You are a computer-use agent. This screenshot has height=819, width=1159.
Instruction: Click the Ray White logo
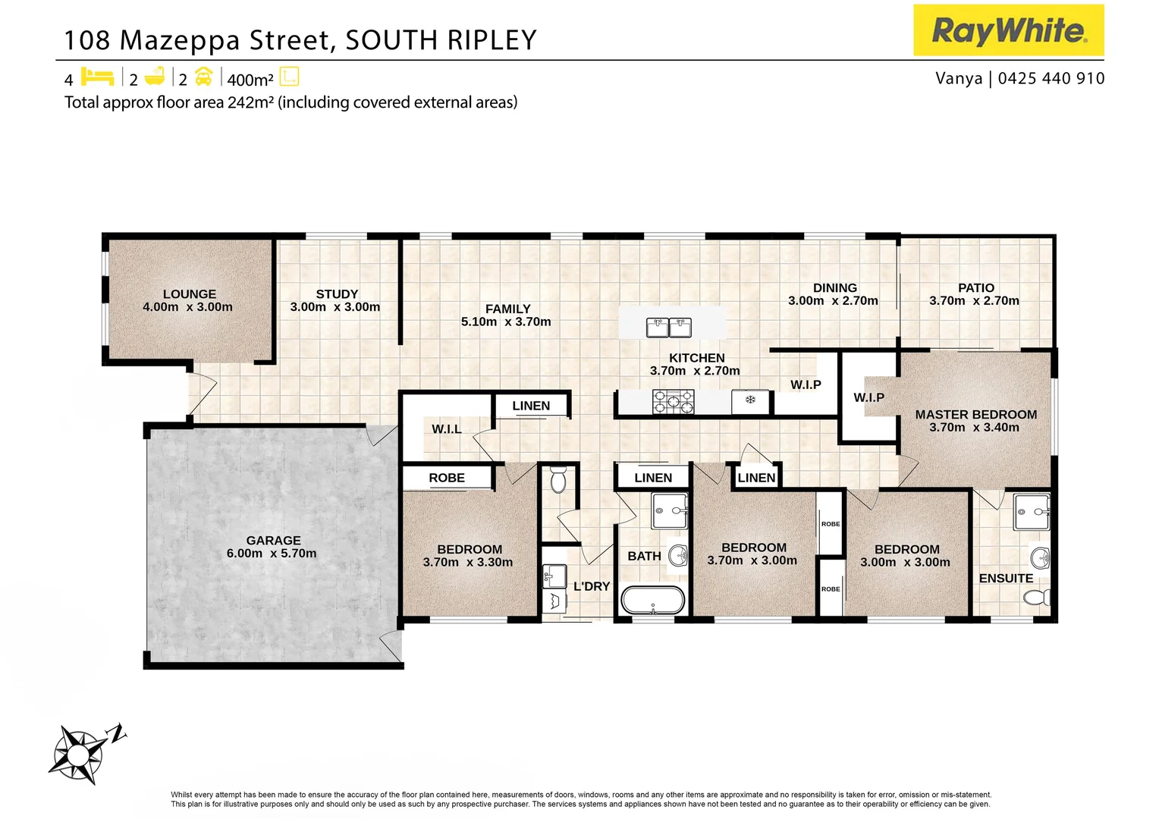1008,30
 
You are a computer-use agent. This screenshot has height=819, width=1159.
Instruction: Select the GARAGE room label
273,541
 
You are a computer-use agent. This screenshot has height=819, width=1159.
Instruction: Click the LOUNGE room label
189,294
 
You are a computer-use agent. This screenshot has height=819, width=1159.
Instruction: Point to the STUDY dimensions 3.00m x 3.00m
335,307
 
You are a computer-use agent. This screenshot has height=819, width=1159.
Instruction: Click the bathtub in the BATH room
652,600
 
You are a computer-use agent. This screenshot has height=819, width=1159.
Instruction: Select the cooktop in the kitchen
673,402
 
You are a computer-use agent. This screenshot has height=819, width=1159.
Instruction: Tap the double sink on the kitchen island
668,328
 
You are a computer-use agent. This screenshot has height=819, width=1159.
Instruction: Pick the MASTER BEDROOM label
975,415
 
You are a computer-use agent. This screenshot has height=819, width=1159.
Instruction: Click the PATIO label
975,288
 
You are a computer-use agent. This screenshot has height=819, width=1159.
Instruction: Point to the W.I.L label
446,429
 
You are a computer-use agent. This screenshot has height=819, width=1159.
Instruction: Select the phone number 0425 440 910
1051,78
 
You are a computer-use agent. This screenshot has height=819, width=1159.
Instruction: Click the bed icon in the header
97,77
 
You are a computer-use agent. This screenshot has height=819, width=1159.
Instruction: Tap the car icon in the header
203,77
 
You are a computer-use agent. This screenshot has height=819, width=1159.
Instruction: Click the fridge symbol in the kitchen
750,400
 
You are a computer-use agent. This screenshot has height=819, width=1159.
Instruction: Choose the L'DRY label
591,586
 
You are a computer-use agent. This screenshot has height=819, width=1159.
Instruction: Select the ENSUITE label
1005,579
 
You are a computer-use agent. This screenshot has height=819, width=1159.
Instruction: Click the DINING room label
834,288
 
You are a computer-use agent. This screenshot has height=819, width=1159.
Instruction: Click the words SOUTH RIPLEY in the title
441,40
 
